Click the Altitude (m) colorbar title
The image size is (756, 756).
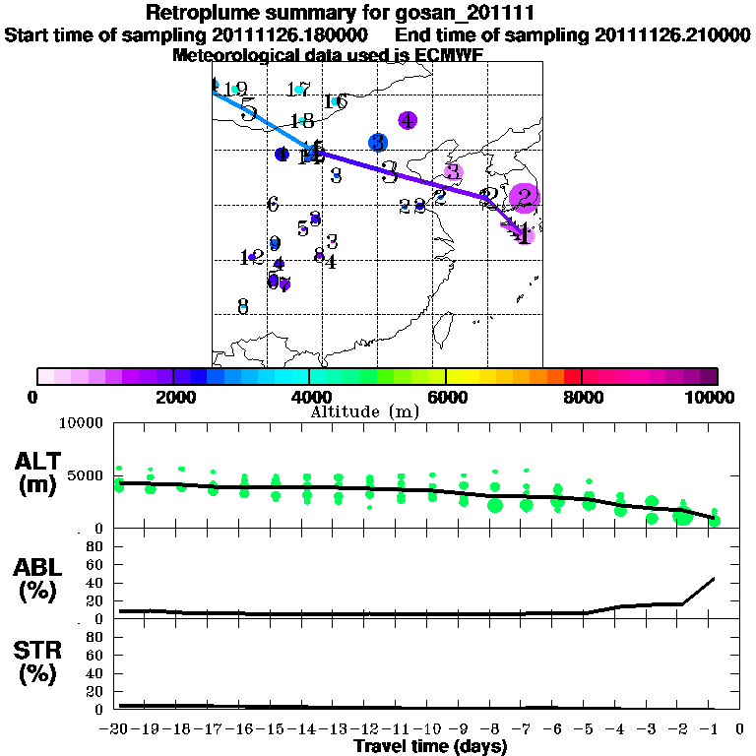364,411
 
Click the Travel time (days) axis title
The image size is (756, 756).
430,746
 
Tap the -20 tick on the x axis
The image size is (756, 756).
116,728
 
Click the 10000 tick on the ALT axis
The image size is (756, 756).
84,423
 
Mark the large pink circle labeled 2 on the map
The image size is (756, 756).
525,198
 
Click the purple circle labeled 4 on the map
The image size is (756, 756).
408,121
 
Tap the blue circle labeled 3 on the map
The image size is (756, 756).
377,143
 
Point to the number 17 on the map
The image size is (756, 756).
298,90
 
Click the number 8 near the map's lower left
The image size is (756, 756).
243,306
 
